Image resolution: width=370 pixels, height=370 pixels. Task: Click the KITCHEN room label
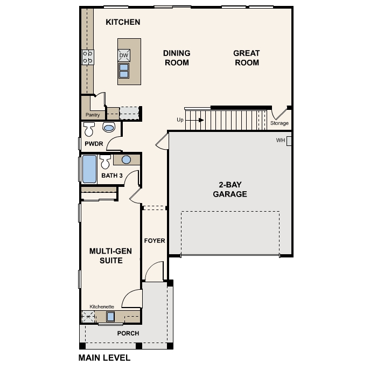[123, 22]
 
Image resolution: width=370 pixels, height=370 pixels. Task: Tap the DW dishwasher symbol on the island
[124, 55]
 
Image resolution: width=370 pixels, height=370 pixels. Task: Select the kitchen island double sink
[124, 71]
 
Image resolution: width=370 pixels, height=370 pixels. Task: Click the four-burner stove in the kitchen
[87, 57]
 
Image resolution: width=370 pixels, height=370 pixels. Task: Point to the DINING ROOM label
[177, 58]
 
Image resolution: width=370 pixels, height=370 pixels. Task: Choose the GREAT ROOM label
[246, 58]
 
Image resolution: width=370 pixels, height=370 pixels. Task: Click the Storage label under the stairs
[279, 123]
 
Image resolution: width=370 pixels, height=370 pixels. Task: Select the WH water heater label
[280, 141]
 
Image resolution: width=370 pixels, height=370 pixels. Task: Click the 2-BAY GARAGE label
[229, 190]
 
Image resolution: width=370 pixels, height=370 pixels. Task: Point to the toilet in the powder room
[89, 129]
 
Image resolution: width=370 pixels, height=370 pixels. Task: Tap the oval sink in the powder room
[109, 128]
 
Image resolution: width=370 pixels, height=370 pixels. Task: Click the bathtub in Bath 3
[89, 170]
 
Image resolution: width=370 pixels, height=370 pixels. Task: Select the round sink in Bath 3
[126, 159]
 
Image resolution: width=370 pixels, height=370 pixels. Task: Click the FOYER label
[155, 241]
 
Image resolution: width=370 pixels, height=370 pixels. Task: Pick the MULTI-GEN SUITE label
[106, 255]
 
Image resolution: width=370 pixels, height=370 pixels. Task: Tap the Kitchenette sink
[110, 317]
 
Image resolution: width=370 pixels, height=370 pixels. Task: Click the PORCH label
[128, 333]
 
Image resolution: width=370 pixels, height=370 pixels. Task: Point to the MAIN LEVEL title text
[104, 357]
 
